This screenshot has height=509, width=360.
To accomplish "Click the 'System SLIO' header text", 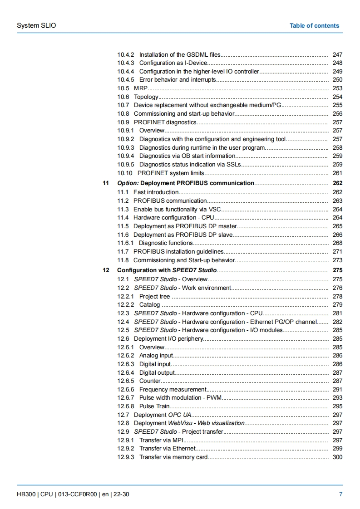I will [36, 25].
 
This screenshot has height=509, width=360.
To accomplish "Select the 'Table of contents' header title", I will [314, 25].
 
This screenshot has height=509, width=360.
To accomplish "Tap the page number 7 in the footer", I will [341, 494].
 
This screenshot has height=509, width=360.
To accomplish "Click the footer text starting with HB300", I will [73, 494].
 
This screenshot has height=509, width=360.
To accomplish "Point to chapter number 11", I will [106, 183].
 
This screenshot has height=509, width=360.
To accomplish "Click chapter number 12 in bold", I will [106, 270].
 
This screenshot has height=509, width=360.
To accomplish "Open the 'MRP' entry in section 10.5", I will [140, 88].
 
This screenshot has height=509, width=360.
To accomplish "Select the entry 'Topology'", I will [146, 97].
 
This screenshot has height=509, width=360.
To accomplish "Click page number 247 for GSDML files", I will [337, 55].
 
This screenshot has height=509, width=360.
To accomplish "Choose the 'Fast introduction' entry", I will [156, 192].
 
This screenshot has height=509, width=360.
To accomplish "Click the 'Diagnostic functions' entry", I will [166, 243].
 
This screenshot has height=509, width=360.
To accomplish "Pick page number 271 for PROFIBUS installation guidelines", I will [337, 252].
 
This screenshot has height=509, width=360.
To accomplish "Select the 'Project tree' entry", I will [154, 297].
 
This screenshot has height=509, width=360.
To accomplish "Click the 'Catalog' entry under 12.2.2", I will [149, 305].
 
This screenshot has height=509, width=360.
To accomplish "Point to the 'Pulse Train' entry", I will [154, 406].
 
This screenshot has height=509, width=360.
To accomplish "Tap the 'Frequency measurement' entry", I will [173, 390].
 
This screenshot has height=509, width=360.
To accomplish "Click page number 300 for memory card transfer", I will [337, 457].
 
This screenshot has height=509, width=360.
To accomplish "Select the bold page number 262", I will [337, 183].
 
